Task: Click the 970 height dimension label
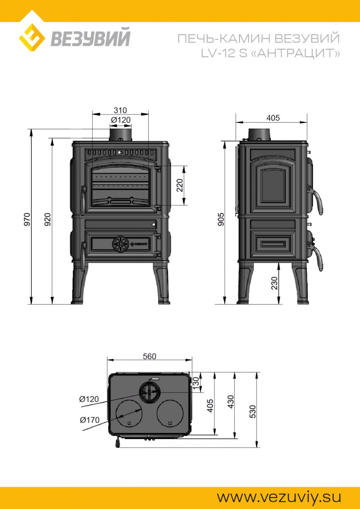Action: pos(27,219)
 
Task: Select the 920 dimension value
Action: pos(47,219)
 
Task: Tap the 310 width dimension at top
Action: pos(120,110)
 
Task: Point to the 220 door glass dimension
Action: pos(180,185)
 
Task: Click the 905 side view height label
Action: pos(221,219)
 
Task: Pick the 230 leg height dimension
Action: pos(275,283)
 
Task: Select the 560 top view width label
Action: pos(149,356)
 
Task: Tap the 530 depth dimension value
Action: pos(253,411)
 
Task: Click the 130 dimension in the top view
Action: pos(196,383)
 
